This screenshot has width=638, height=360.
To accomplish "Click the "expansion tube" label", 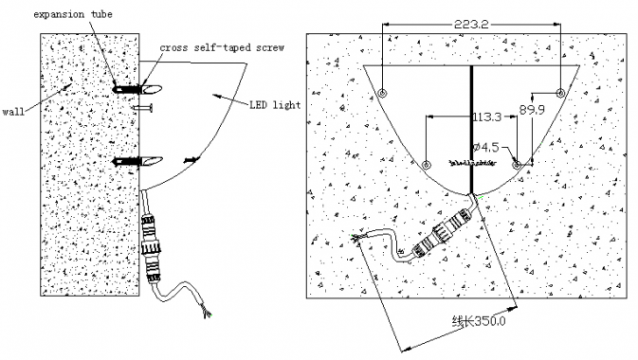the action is tap(73, 14).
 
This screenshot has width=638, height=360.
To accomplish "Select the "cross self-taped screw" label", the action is tap(222, 47).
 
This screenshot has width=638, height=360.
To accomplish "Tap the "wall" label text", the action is tap(13, 112).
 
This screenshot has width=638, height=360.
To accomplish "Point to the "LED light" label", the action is tap(275, 105).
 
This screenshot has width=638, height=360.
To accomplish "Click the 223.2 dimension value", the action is tap(471, 25).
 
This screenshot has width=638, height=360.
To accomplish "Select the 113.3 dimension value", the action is tap(487, 117).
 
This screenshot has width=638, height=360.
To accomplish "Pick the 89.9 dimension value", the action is tap(532, 110).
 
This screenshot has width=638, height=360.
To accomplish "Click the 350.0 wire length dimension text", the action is tap(479, 321).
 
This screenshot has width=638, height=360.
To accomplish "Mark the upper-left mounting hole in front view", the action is tap(382, 92).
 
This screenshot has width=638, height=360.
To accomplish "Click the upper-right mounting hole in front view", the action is tap(560, 93).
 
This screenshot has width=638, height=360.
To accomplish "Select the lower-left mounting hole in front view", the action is tap(426, 165).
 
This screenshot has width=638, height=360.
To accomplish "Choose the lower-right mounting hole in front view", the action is tap(517, 165).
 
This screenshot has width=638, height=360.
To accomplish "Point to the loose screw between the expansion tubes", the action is tap(142, 108).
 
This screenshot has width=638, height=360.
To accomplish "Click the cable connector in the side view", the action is tap(149, 247).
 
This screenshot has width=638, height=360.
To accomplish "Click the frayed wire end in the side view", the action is tap(206, 312).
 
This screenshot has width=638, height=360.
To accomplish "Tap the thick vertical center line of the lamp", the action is tap(471, 130).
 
